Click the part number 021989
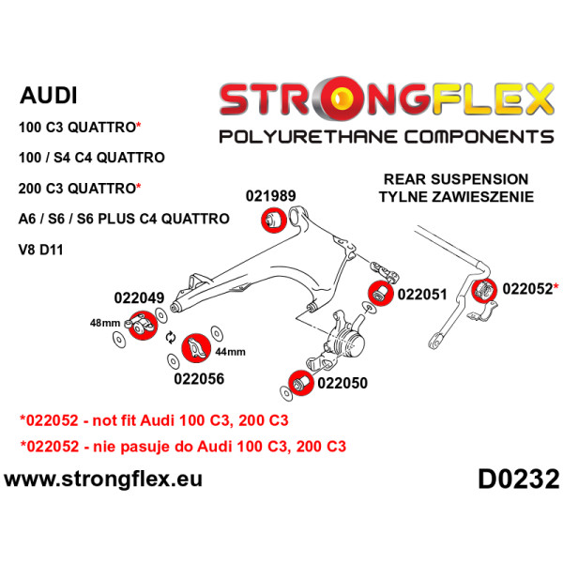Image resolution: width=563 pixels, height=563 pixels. click(271, 196)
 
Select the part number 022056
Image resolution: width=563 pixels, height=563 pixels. click(199, 380)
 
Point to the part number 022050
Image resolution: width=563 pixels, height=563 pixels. click(342, 383)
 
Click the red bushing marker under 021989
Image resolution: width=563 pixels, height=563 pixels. click(271, 220)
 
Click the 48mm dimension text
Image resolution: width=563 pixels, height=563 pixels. click(104, 323)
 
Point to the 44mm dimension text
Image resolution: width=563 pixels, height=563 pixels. click(230, 353)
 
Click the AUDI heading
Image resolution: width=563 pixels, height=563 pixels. click(49, 96)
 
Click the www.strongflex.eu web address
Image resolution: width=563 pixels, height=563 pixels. click(103, 480)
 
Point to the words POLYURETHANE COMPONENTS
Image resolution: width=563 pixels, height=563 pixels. click(386, 138)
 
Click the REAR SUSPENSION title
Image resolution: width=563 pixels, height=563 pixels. click(456, 179)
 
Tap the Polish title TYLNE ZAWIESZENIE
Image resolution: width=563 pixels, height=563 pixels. click(456, 197)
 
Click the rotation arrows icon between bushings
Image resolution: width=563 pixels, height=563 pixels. click(170, 338)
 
